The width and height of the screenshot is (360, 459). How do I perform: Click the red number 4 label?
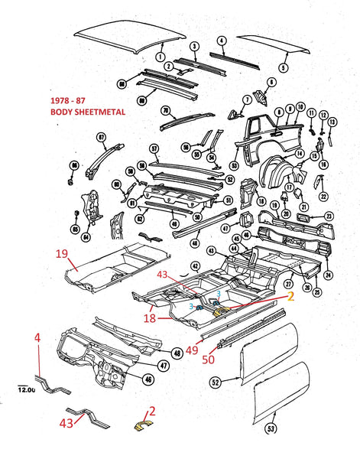36,336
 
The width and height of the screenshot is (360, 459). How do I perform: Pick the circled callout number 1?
161,56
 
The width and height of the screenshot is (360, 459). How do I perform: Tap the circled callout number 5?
283,67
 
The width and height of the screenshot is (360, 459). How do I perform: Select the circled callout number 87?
101,137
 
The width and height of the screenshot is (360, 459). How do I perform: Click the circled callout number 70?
164,110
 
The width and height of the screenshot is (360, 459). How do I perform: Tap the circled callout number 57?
154,148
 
